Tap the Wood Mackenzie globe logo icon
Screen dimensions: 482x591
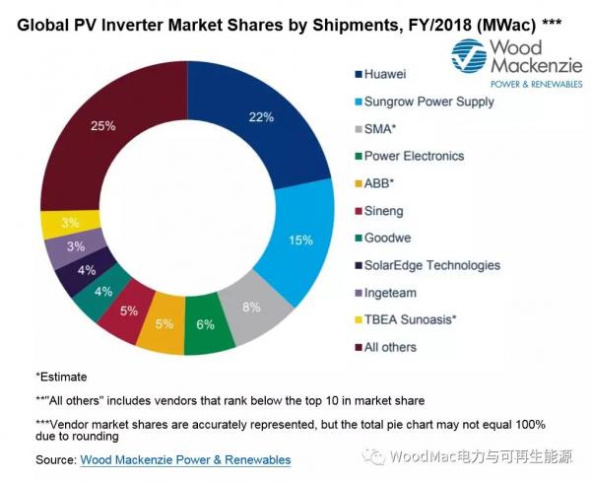(x=472, y=58)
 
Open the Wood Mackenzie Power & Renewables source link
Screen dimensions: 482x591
(x=185, y=459)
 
